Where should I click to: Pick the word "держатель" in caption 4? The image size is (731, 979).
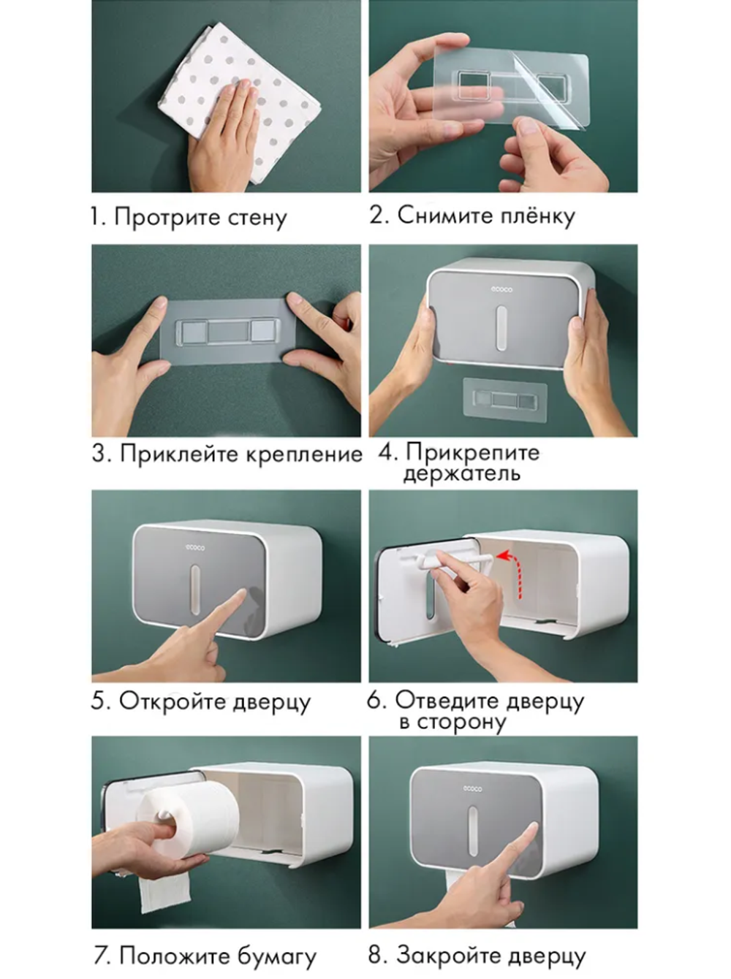tap(462, 473)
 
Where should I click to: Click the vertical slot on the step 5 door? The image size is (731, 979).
tap(194, 589)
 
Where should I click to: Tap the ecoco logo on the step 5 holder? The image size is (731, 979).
tap(195, 547)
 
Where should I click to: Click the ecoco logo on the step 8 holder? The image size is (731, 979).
tap(473, 788)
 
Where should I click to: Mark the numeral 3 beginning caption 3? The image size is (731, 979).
tap(100, 454)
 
